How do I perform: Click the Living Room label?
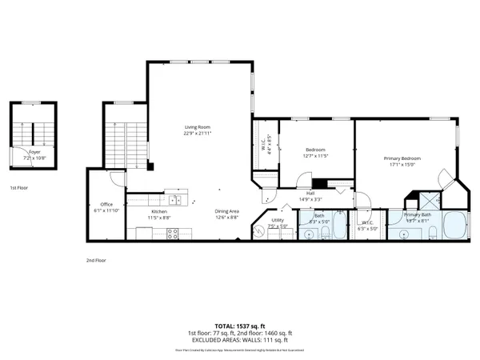(x=198, y=126)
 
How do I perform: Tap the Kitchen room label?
(x=158, y=211)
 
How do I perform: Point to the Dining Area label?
(x=227, y=211)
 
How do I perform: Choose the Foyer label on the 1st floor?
(x=34, y=150)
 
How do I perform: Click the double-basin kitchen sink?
(x=175, y=199)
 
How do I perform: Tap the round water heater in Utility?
(x=259, y=231)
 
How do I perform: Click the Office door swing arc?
(x=117, y=180)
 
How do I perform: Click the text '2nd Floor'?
(x=96, y=260)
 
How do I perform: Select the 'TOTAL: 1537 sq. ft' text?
(x=239, y=326)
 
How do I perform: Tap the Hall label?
(x=309, y=193)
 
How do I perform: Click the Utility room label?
(x=278, y=220)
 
